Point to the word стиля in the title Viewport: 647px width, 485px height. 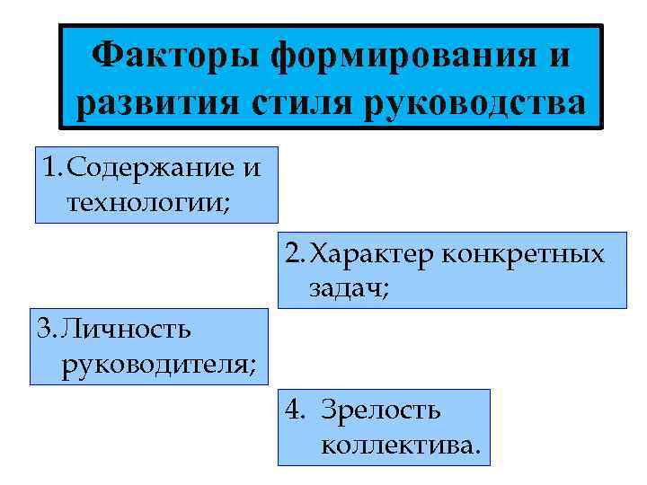tap(297, 104)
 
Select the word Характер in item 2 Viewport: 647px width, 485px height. tap(372, 254)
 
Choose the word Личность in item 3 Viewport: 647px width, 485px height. tap(126, 329)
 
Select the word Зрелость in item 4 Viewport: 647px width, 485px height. tap(386, 410)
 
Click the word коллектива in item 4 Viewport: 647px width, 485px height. tap(400, 443)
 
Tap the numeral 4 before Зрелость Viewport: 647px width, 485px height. tap(294, 410)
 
